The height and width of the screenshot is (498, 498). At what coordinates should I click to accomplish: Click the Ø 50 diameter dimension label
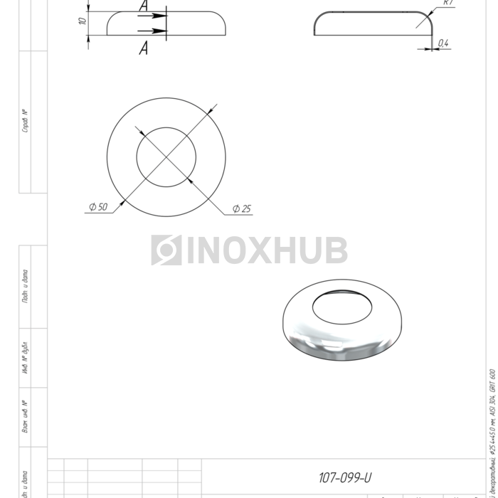tap(98, 207)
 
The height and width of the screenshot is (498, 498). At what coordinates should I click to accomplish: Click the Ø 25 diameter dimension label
tap(242, 209)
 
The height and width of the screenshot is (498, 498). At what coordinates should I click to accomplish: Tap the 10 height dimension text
tap(83, 21)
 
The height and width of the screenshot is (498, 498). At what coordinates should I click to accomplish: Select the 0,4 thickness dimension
tap(443, 43)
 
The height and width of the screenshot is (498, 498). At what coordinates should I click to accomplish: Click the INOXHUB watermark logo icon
tap(166, 250)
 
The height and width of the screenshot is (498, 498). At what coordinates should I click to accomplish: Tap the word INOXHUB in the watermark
tap(266, 250)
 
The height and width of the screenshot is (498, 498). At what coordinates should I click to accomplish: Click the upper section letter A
tap(144, 6)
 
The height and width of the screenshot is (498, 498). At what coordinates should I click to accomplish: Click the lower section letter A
tap(144, 48)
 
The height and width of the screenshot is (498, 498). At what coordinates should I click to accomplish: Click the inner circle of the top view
tap(166, 157)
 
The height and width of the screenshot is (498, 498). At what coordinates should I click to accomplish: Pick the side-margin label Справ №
tap(26, 121)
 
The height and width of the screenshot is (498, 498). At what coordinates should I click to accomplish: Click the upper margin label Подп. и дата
tap(26, 287)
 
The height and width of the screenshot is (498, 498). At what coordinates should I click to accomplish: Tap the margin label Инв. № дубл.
tap(26, 359)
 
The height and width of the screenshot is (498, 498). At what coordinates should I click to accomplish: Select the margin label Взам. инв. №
tap(26, 416)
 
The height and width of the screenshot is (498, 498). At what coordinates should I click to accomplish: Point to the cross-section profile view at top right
tap(373, 23)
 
